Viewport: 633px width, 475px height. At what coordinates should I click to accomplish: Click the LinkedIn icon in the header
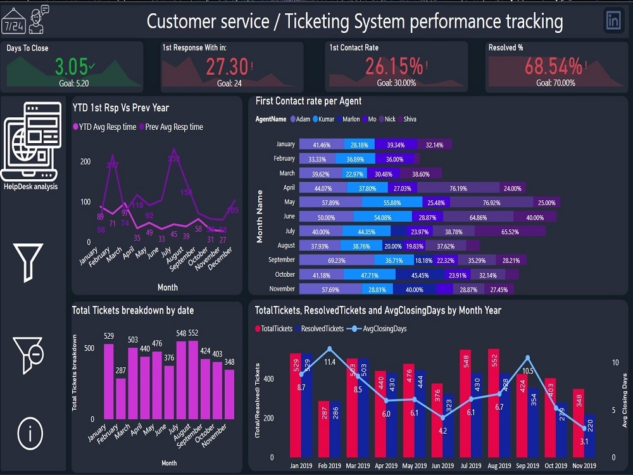click(613, 20)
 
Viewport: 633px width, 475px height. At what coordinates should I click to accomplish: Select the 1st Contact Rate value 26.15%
click(394, 66)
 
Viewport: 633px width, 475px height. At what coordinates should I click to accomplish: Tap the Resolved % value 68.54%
click(553, 66)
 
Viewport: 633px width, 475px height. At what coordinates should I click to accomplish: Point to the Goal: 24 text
click(230, 83)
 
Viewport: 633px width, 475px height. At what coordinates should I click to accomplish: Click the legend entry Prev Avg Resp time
click(173, 127)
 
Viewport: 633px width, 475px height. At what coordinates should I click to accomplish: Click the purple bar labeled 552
click(193, 379)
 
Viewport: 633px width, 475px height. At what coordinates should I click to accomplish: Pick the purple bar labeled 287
click(121, 398)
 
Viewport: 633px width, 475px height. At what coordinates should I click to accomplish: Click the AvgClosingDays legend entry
click(381, 329)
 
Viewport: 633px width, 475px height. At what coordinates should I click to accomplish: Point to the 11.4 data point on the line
click(329, 349)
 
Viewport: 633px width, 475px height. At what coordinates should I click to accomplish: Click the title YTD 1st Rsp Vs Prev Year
click(120, 108)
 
